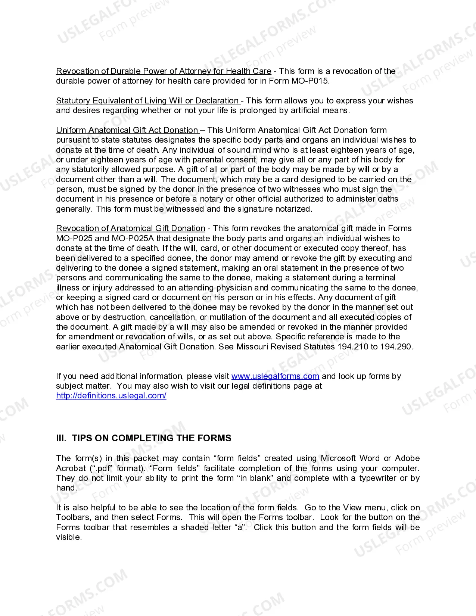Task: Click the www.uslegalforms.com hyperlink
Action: (x=275, y=376)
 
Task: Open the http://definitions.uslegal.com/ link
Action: (x=111, y=396)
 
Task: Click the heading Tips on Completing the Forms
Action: (x=152, y=438)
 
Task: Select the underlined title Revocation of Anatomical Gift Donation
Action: (x=131, y=228)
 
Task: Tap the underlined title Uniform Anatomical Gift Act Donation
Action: (x=127, y=130)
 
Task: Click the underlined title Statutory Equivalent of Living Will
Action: (x=148, y=101)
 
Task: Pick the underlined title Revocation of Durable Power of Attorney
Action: (x=164, y=71)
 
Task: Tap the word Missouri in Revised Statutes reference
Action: (x=252, y=347)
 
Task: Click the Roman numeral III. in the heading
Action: (x=61, y=438)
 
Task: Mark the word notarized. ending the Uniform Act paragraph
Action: (x=293, y=209)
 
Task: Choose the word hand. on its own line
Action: (x=66, y=488)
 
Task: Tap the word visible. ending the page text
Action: (x=69, y=537)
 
